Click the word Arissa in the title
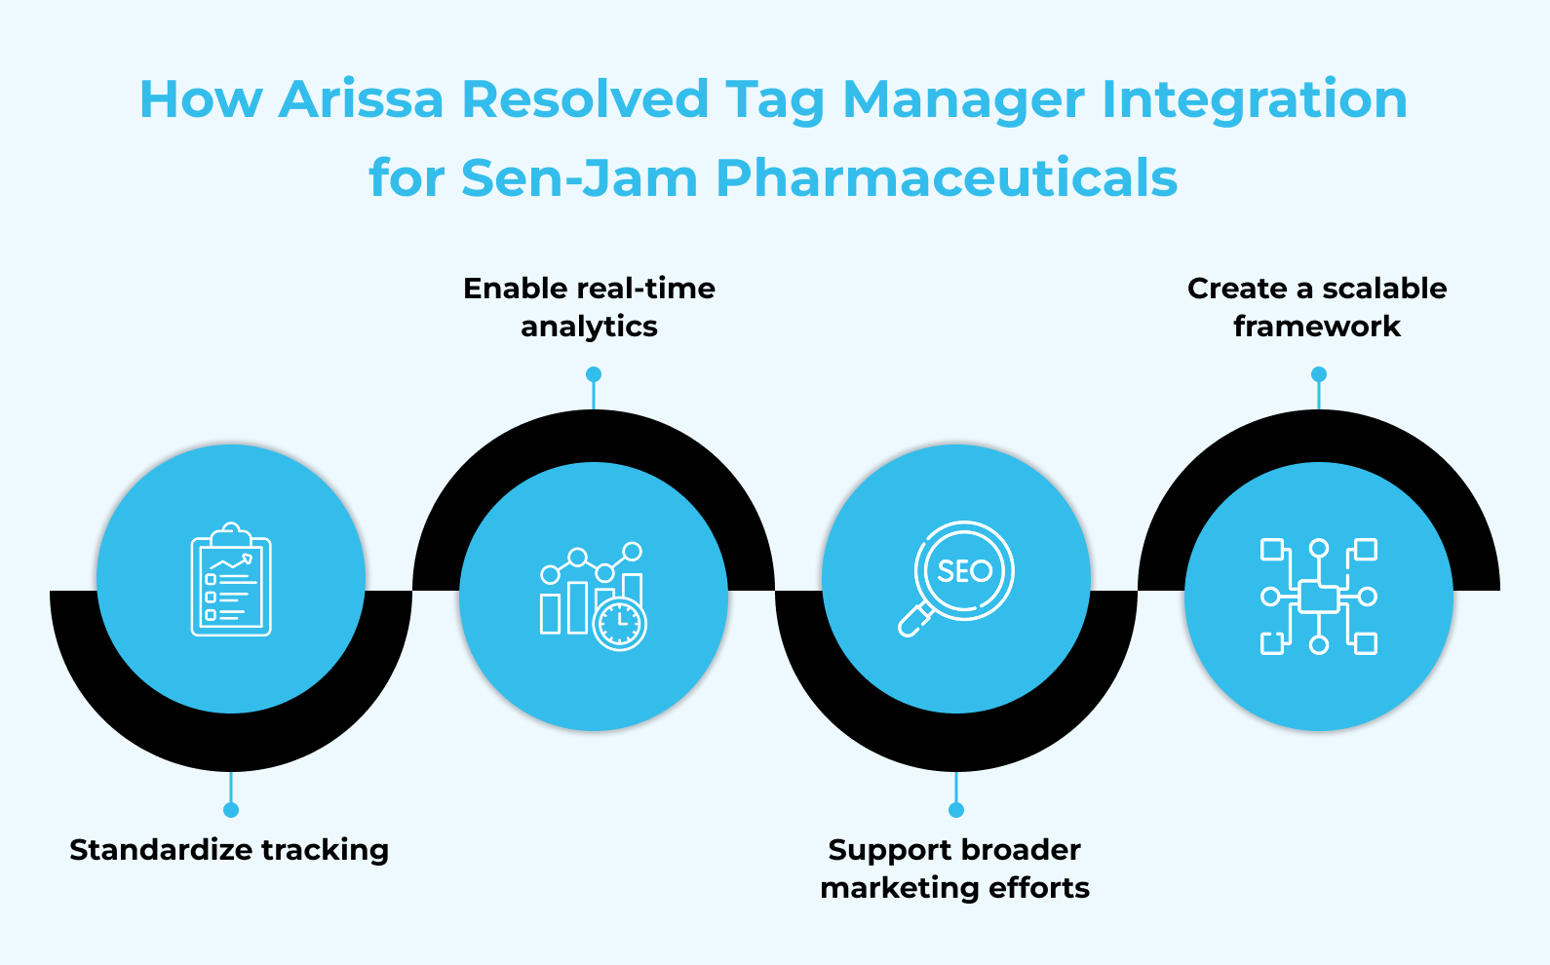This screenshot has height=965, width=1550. [361, 99]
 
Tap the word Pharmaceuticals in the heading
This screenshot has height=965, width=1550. [946, 178]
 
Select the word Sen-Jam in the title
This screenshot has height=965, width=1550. [579, 178]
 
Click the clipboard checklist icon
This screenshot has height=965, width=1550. [231, 579]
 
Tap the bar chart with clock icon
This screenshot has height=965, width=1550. [593, 596]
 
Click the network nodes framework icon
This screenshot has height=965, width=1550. [1318, 596]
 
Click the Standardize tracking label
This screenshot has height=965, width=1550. [229, 850]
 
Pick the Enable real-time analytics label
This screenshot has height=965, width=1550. [589, 307]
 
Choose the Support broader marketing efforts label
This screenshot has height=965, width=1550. [955, 868]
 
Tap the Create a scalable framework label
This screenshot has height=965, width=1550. [1317, 307]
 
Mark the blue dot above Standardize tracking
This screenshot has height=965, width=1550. [231, 810]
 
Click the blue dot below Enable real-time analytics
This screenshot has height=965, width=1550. [594, 374]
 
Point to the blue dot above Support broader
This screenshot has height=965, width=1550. [956, 810]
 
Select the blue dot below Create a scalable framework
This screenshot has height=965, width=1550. [1319, 374]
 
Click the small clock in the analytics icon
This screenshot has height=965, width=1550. [619, 624]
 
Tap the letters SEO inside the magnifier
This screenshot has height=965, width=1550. [964, 571]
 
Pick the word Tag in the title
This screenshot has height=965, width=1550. [775, 101]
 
